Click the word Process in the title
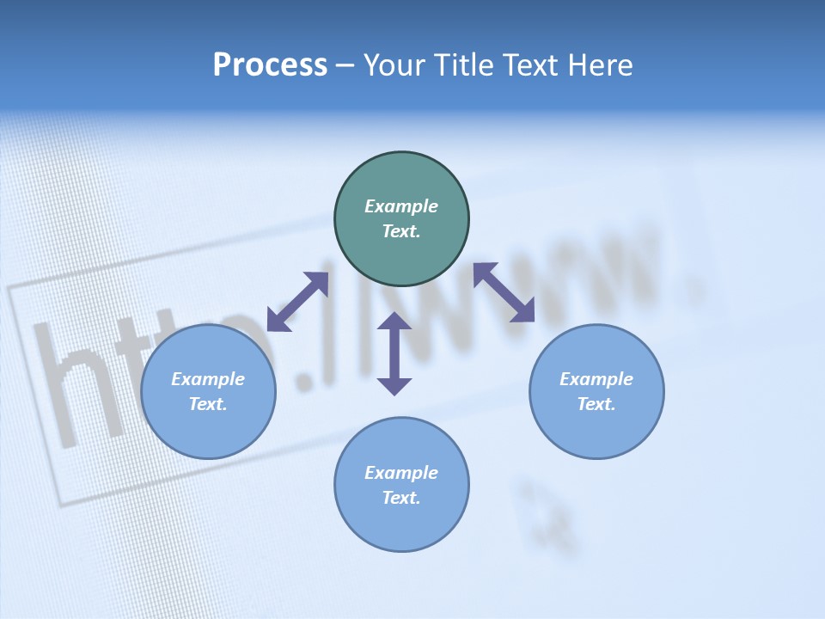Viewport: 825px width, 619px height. pyautogui.click(x=270, y=65)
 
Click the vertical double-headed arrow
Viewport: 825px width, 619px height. pyautogui.click(x=394, y=353)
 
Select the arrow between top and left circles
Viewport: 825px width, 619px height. pyautogui.click(x=298, y=301)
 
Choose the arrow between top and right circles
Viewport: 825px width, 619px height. pyautogui.click(x=504, y=292)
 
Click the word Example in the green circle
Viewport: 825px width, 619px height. pyautogui.click(x=401, y=206)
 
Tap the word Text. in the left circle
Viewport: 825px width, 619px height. pyautogui.click(x=208, y=404)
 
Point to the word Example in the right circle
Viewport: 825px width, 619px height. pyautogui.click(x=596, y=379)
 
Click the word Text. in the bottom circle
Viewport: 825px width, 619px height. pyautogui.click(x=401, y=498)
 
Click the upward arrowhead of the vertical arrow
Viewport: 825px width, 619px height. pyautogui.click(x=394, y=322)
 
